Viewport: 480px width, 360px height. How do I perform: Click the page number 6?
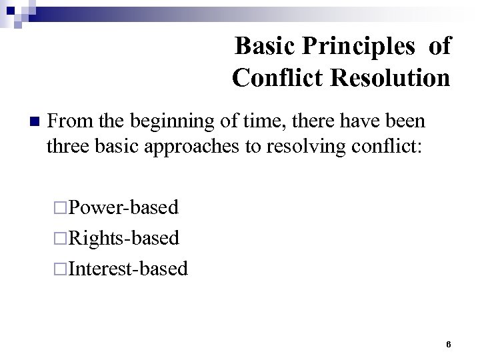click(x=449, y=344)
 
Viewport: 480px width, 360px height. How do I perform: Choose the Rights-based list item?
click(x=125, y=238)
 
